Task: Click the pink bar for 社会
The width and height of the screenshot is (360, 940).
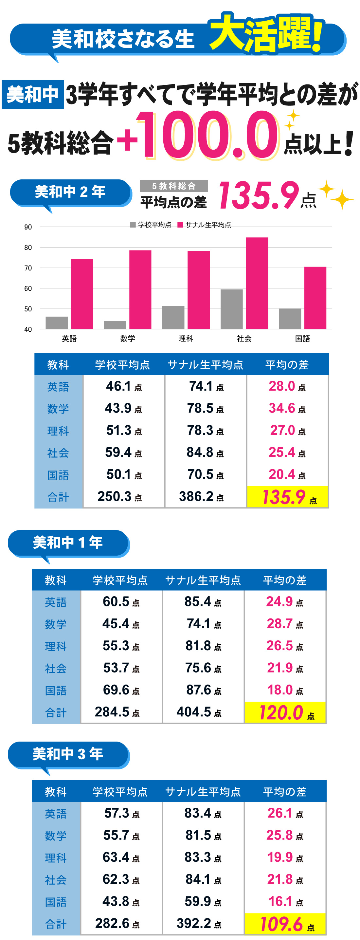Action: click(257, 283)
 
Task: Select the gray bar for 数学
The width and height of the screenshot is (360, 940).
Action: click(115, 325)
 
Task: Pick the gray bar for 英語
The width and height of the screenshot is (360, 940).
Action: click(57, 323)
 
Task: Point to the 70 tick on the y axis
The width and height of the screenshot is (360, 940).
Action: click(28, 268)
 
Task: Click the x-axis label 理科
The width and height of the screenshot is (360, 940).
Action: click(186, 339)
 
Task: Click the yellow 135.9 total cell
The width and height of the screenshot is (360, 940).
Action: click(287, 497)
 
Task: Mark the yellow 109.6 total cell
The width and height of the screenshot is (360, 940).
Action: click(285, 924)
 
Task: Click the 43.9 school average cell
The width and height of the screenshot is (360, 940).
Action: click(123, 408)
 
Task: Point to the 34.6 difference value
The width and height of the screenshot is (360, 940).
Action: click(287, 408)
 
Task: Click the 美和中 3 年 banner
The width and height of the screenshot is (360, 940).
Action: click(68, 754)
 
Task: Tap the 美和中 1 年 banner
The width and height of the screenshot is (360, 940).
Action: click(68, 543)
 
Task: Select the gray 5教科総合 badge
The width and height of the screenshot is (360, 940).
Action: click(173, 186)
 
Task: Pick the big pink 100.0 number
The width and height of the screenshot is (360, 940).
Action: click(208, 136)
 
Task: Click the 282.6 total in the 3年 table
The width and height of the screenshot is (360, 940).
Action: click(117, 923)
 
